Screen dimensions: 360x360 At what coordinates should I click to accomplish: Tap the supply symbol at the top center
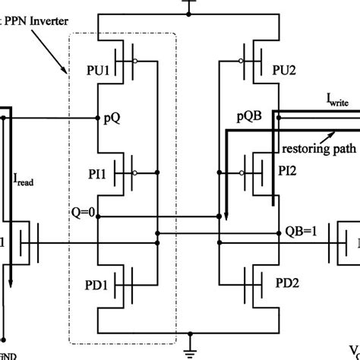click(x=187, y=5)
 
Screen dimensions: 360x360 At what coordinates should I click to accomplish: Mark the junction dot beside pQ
click(x=99, y=118)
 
